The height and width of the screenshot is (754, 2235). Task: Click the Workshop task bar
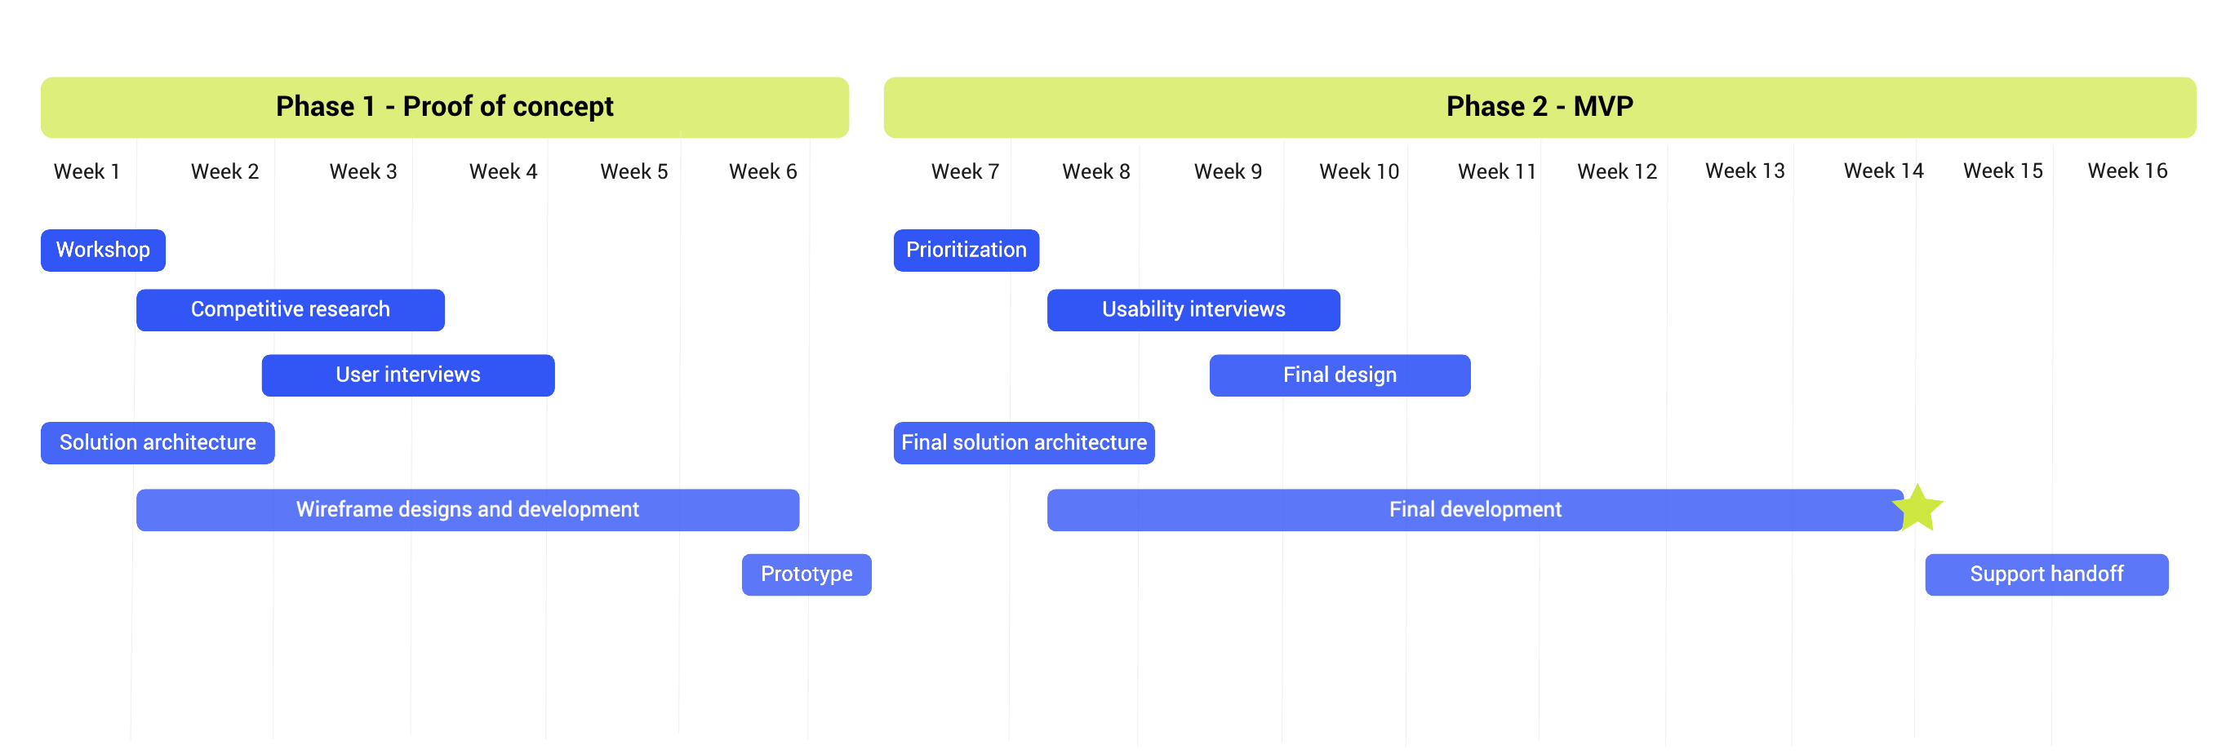pyautogui.click(x=103, y=250)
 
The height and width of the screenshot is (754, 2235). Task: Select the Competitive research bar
pyautogui.click(x=291, y=310)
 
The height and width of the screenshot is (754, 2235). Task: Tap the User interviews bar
pyautogui.click(x=408, y=375)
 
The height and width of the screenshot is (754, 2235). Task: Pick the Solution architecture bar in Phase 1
pyautogui.click(x=158, y=442)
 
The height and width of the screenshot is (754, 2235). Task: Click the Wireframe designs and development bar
pyautogui.click(x=468, y=509)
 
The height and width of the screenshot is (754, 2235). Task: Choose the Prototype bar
pyautogui.click(x=806, y=574)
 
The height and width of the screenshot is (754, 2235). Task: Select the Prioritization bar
pyautogui.click(x=966, y=250)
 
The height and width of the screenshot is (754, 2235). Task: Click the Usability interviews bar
pyautogui.click(x=1194, y=310)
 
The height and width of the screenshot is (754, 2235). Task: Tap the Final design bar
pyautogui.click(x=1340, y=375)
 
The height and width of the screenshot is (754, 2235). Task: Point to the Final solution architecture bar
pyautogui.click(x=1024, y=442)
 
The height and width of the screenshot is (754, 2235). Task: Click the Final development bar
pyautogui.click(x=1475, y=509)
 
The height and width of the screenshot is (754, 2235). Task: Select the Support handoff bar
pyautogui.click(x=2046, y=574)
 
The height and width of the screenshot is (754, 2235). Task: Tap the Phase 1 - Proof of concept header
pyautogui.click(x=445, y=108)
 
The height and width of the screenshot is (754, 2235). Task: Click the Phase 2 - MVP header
pyautogui.click(x=1540, y=108)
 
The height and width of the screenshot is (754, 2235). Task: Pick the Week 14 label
pyautogui.click(x=1884, y=171)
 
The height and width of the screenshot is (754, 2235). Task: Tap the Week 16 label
pyautogui.click(x=2127, y=171)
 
